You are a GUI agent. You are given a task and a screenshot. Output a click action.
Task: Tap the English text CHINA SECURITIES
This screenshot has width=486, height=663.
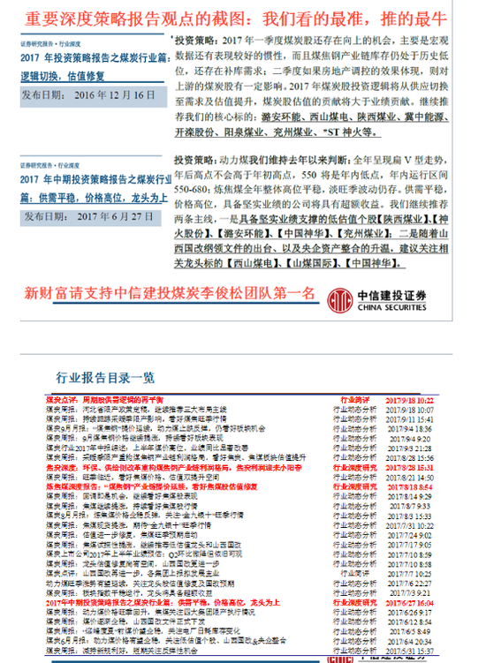tap(401, 305)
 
